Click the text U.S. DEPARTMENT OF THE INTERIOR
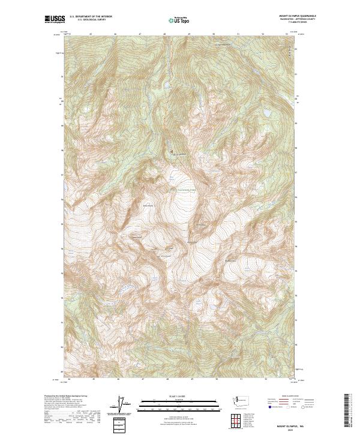pos(91,16)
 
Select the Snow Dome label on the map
pos(149,206)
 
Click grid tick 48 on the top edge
pos(164,34)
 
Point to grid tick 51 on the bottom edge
pos(240,379)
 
